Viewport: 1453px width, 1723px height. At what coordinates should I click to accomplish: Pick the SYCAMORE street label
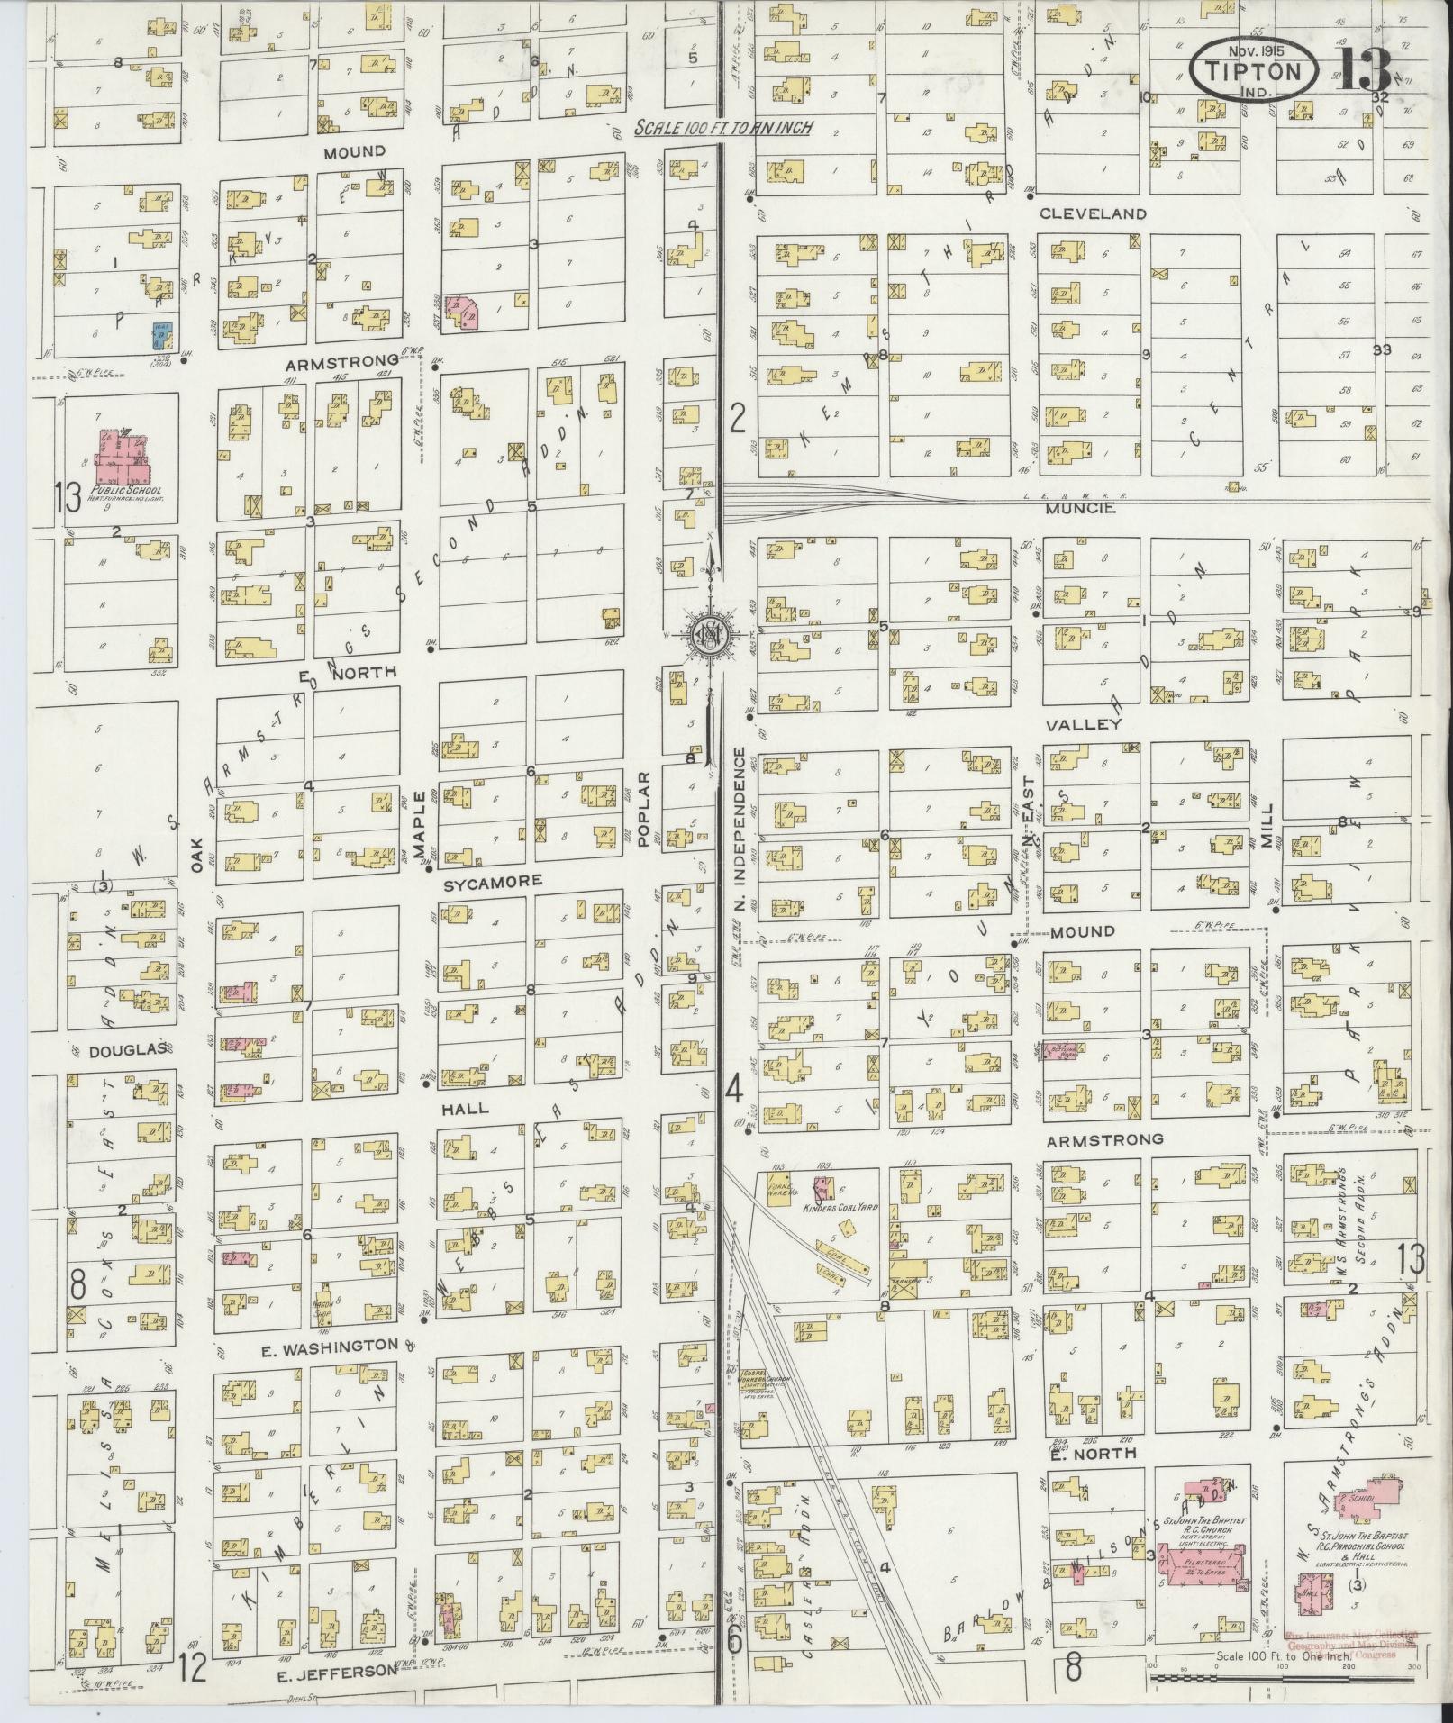[492, 881]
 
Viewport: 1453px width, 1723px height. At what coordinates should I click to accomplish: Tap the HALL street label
[465, 1108]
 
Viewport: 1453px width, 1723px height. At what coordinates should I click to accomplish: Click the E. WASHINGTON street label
[329, 1372]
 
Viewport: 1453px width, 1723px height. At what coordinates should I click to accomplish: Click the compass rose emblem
[709, 635]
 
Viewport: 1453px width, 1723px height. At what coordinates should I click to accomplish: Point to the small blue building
[159, 336]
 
